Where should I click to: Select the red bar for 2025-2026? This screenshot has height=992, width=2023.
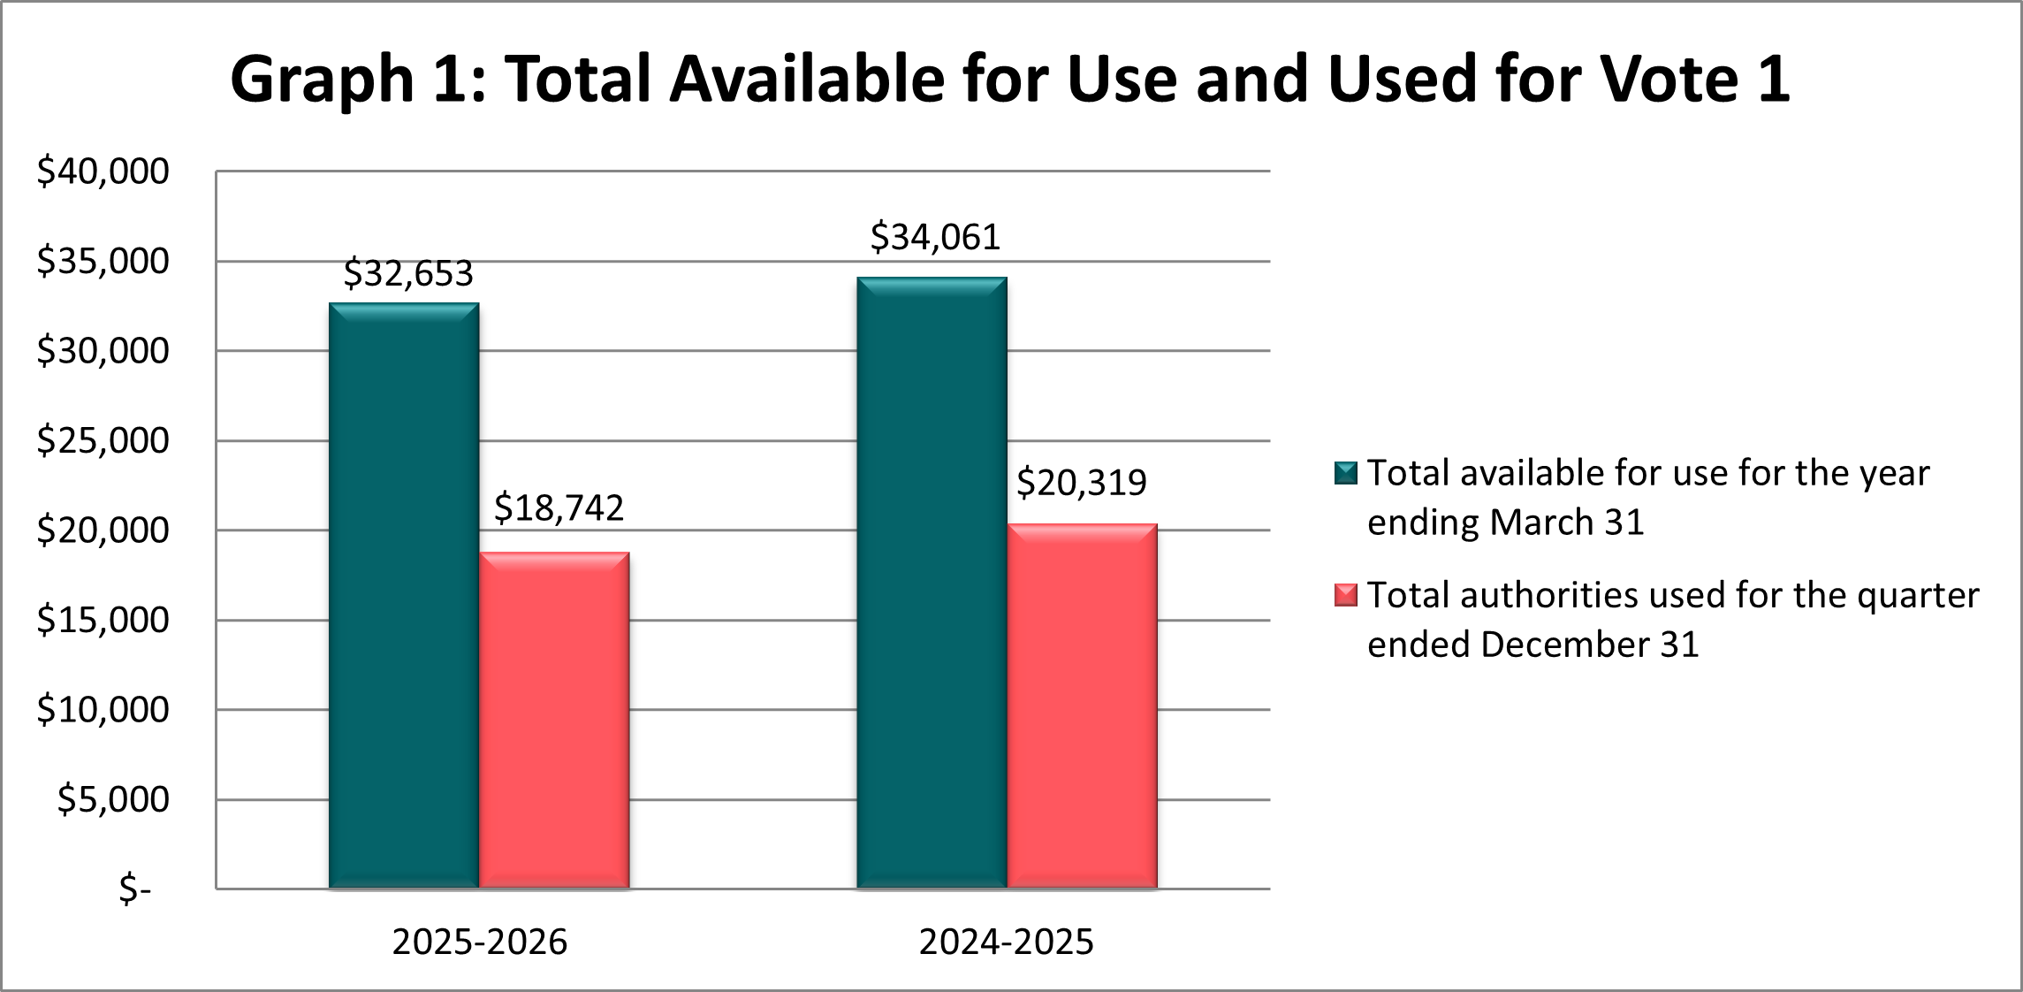[x=554, y=720]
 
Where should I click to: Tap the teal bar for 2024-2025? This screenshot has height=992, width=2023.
[x=932, y=583]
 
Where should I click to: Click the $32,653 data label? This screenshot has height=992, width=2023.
[x=408, y=273]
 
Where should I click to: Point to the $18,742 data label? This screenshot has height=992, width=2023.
[x=559, y=507]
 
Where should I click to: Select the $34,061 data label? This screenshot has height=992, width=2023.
[x=935, y=237]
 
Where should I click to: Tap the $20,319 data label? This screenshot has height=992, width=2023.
[x=1081, y=483]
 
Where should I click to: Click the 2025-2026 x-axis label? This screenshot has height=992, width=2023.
[x=479, y=942]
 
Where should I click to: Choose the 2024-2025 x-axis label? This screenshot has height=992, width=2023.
[x=1006, y=942]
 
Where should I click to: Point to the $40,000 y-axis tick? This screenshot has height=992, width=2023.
[x=103, y=172]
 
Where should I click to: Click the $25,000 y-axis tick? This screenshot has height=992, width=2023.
[x=103, y=440]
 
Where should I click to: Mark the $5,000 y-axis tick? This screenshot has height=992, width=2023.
[x=113, y=799]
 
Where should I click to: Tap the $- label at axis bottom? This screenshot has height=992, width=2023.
[x=135, y=889]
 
